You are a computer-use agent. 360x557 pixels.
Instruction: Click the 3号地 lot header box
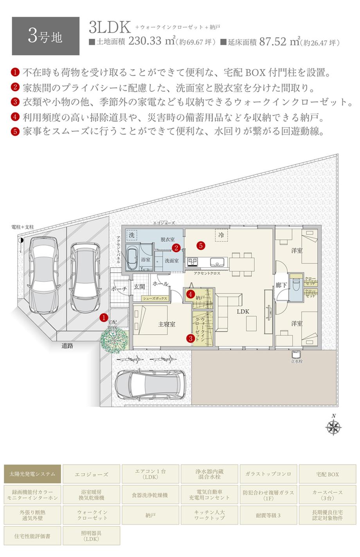point(45,36)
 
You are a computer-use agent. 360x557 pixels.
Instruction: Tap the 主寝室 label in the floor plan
point(167,324)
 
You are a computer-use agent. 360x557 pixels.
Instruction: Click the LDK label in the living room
point(243,312)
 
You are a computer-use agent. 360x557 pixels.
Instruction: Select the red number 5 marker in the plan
point(201,246)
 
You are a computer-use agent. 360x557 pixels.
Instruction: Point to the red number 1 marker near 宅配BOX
point(104,317)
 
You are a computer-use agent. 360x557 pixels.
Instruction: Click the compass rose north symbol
point(333,427)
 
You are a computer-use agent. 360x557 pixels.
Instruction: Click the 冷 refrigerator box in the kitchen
point(221,235)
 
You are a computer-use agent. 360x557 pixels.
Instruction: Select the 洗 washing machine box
point(132,235)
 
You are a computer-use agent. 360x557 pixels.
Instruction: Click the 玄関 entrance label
point(139,287)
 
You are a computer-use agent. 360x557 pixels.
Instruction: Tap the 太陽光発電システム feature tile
point(32,474)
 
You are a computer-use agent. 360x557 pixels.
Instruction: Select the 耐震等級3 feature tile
point(268,515)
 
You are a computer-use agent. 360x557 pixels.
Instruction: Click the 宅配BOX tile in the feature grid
point(328,474)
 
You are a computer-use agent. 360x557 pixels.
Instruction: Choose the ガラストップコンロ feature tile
point(268,474)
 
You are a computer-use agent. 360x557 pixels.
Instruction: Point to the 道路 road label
point(67,346)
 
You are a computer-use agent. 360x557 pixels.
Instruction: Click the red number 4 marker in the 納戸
point(189,294)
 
